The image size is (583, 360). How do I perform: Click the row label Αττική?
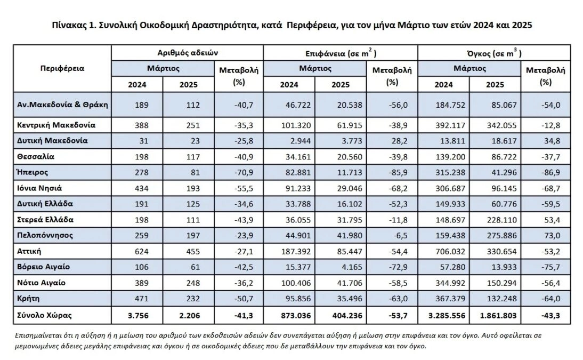pyautogui.click(x=29, y=251)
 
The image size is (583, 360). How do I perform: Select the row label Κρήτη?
pyautogui.click(x=28, y=298)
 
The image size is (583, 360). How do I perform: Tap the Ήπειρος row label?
pyautogui.click(x=33, y=172)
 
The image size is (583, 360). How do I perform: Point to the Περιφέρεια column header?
pyautogui.click(x=62, y=68)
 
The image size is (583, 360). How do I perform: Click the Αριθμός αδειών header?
pyautogui.click(x=188, y=53)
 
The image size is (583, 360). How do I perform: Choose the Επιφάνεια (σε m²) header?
pyautogui.click(x=341, y=53)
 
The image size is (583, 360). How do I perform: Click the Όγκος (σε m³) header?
pyautogui.click(x=494, y=53)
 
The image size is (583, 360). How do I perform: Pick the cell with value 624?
pyautogui.click(x=141, y=252)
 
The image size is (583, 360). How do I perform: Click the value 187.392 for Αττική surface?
pyautogui.click(x=296, y=252)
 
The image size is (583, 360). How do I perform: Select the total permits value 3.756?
pyautogui.click(x=138, y=316)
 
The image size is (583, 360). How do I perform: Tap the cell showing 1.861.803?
pyautogui.click(x=498, y=316)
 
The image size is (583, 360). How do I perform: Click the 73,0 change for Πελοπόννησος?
pyautogui.click(x=552, y=236)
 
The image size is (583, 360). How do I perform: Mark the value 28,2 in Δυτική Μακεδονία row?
pyautogui.click(x=400, y=141)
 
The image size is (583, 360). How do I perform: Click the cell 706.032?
pyautogui.click(x=450, y=252)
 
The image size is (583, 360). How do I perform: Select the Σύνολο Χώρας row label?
pyautogui.click(x=44, y=315)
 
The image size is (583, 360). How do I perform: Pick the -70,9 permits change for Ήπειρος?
pyautogui.click(x=244, y=173)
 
